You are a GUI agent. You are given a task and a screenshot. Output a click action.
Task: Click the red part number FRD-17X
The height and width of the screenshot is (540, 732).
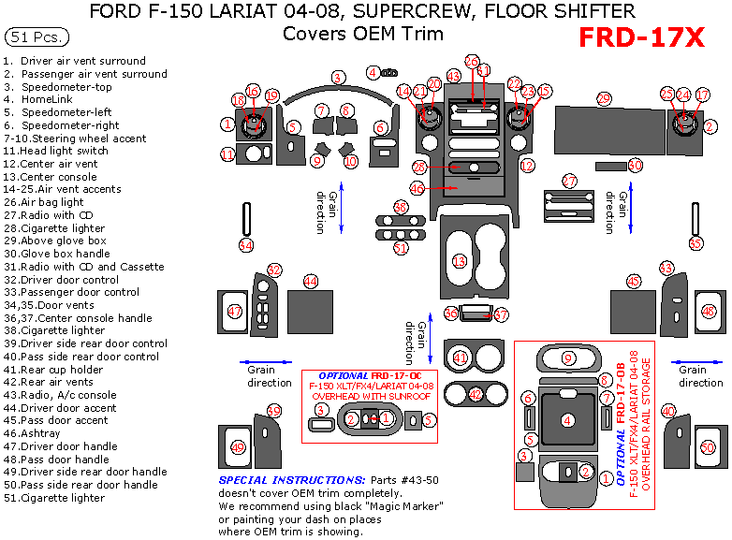point(640,37)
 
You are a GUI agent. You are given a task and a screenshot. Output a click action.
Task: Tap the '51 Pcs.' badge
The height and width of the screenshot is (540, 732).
point(35,37)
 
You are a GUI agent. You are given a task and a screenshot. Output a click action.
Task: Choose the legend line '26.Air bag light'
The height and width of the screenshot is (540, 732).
point(44,201)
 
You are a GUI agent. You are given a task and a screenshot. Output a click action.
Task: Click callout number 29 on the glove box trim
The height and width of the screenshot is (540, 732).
point(604,98)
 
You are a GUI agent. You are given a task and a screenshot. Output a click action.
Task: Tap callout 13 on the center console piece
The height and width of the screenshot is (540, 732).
point(460,261)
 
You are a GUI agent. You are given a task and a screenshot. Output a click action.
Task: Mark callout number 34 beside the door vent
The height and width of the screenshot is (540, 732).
point(245,245)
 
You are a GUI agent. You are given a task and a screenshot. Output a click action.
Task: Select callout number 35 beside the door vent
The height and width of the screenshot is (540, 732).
point(695,243)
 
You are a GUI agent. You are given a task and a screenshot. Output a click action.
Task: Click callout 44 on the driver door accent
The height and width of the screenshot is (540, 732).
point(310,282)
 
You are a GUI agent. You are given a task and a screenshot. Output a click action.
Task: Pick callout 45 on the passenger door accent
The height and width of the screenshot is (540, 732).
point(634,282)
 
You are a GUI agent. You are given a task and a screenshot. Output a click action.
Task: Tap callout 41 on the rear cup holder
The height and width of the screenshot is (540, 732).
point(460,358)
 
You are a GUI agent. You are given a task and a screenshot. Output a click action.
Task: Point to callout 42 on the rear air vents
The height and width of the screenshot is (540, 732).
point(476,394)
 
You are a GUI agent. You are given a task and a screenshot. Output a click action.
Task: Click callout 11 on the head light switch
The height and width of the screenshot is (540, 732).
point(227,153)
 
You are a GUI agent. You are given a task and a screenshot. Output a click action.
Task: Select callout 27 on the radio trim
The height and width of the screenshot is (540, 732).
point(569,180)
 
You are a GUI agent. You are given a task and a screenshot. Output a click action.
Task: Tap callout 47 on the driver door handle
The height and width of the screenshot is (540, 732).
point(234,311)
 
